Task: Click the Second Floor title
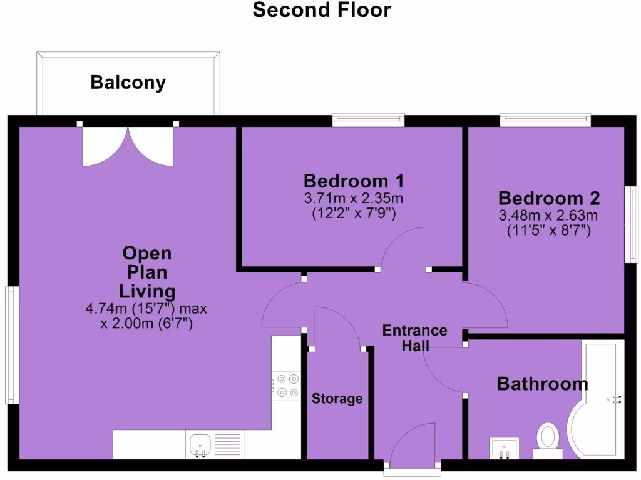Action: pyautogui.click(x=322, y=11)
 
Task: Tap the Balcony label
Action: pyautogui.click(x=128, y=82)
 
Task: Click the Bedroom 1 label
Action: pyautogui.click(x=353, y=181)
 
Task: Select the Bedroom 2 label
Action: pyautogui.click(x=549, y=199)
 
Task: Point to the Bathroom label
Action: pyautogui.click(x=542, y=384)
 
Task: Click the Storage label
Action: pyautogui.click(x=337, y=399)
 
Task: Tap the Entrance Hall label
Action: pyautogui.click(x=415, y=337)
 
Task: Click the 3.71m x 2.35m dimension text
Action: pyautogui.click(x=353, y=199)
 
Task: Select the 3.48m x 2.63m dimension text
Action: pyautogui.click(x=549, y=216)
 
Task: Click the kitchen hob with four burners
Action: pyautogui.click(x=287, y=385)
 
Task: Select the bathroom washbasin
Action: pyautogui.click(x=504, y=447)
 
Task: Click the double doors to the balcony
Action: pyautogui.click(x=128, y=146)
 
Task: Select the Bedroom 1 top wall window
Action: pyautogui.click(x=368, y=119)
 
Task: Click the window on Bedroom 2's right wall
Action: pyautogui.click(x=633, y=225)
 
